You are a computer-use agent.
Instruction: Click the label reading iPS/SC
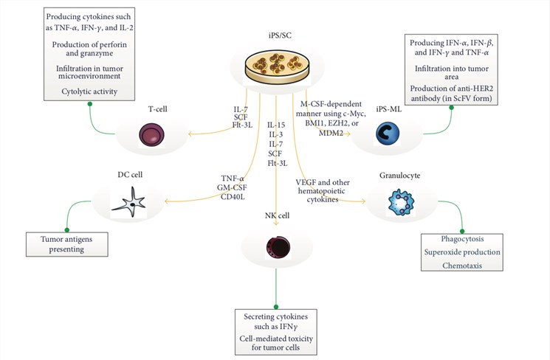(x=275, y=36)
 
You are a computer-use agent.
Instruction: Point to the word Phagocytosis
(x=461, y=240)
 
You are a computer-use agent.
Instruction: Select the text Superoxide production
(x=461, y=253)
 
